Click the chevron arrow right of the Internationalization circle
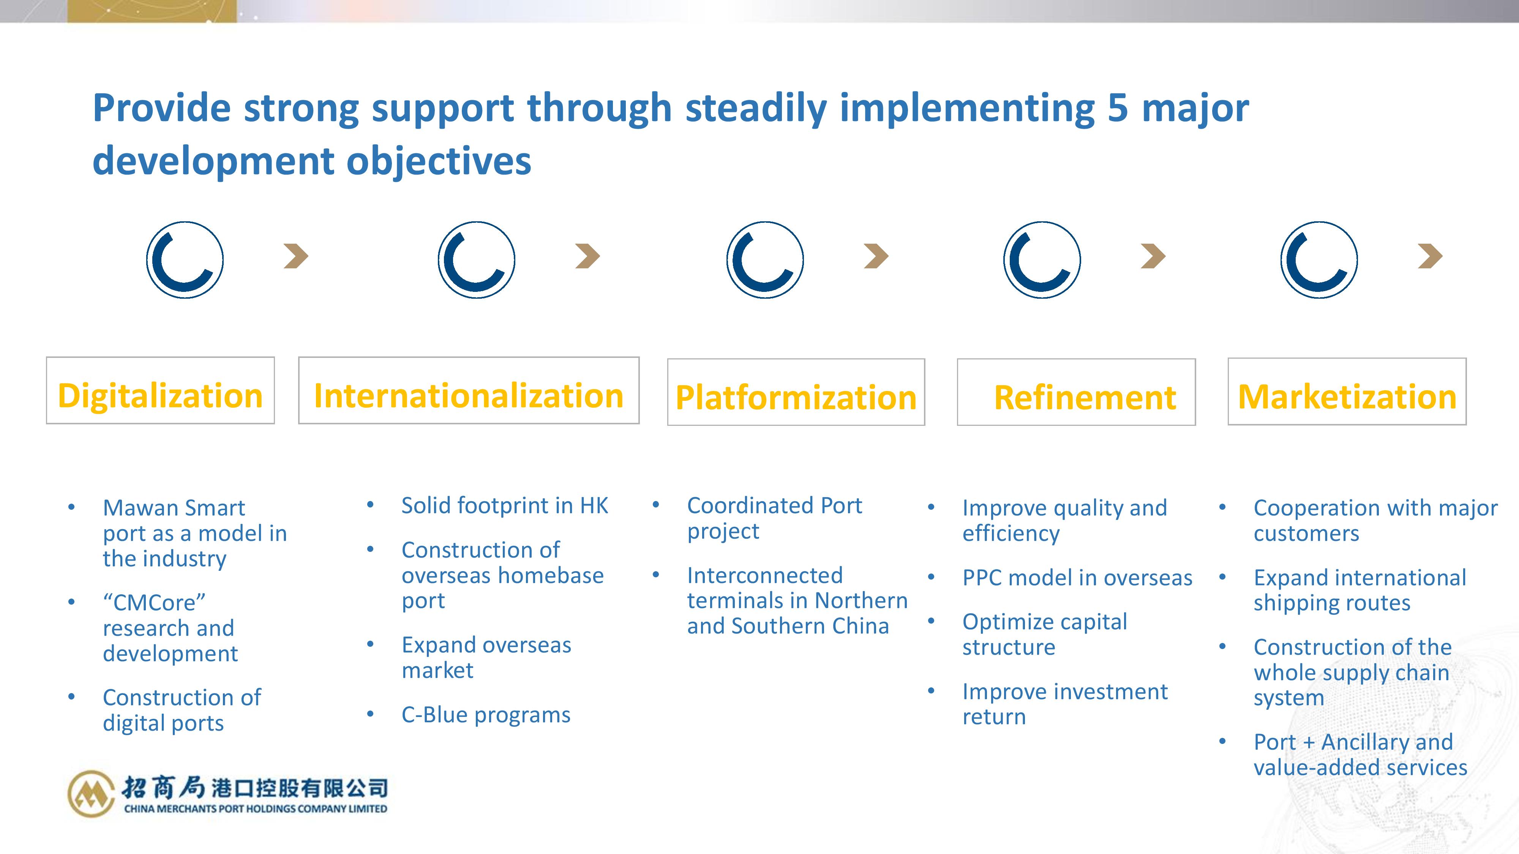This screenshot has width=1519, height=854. pyautogui.click(x=588, y=256)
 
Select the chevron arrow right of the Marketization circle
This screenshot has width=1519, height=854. pyautogui.click(x=1431, y=256)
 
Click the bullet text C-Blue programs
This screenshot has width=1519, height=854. pyautogui.click(x=486, y=715)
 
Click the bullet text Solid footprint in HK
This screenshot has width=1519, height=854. pyautogui.click(x=505, y=506)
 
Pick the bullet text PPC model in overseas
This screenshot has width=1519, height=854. pyautogui.click(x=1077, y=578)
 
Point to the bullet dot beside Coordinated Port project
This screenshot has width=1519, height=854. pyautogui.click(x=656, y=505)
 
